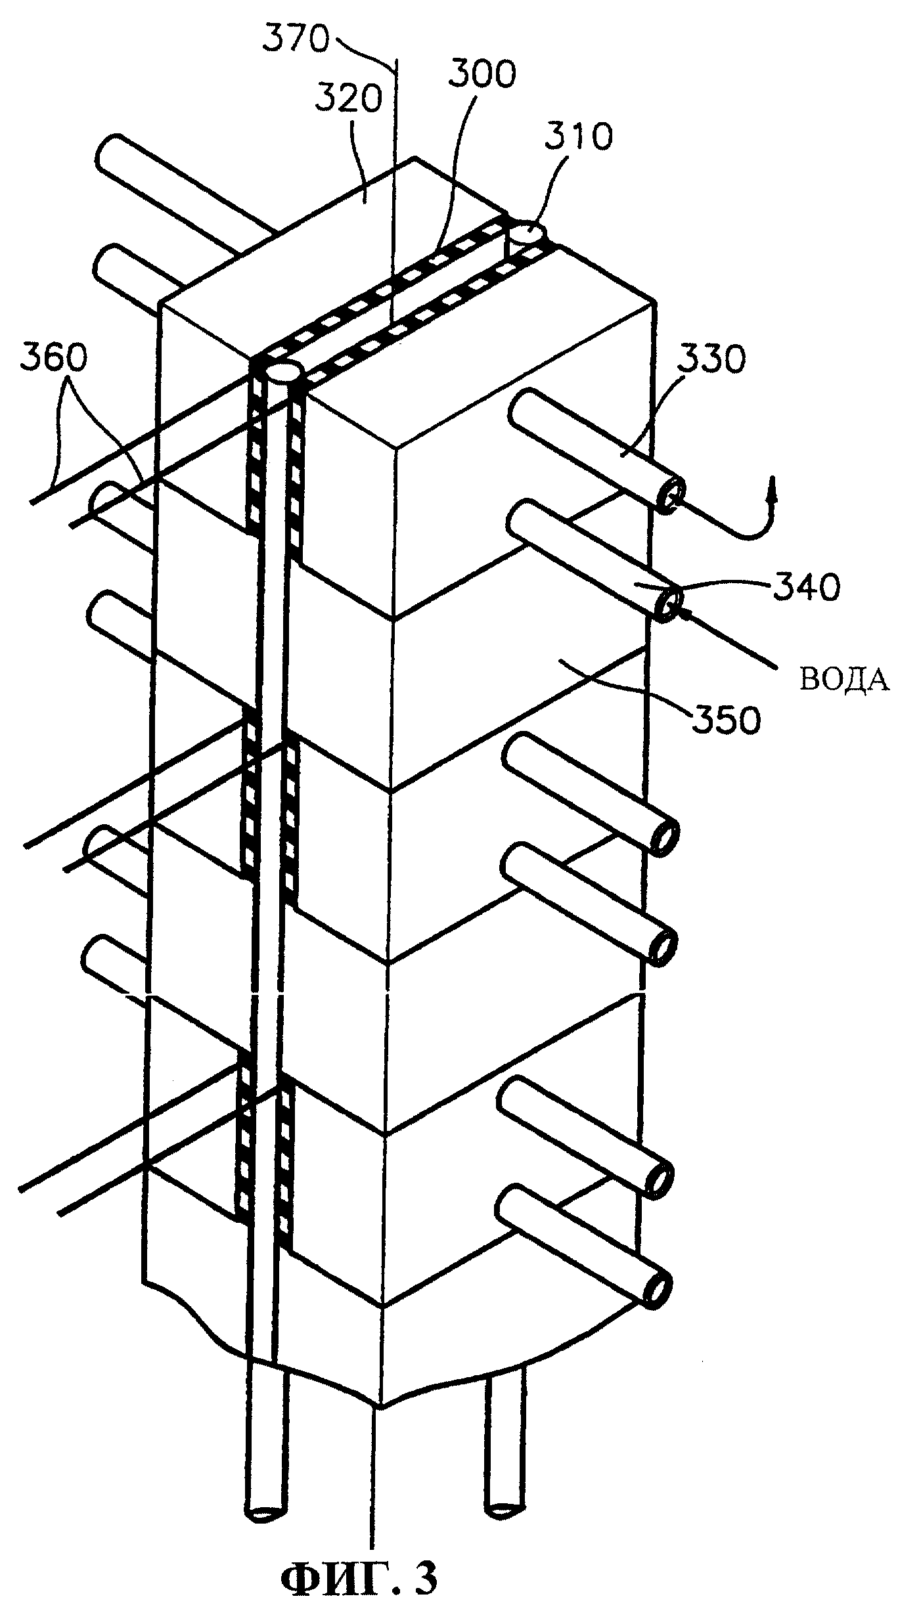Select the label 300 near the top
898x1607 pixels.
[x=482, y=76]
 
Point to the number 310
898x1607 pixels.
[x=579, y=137]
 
